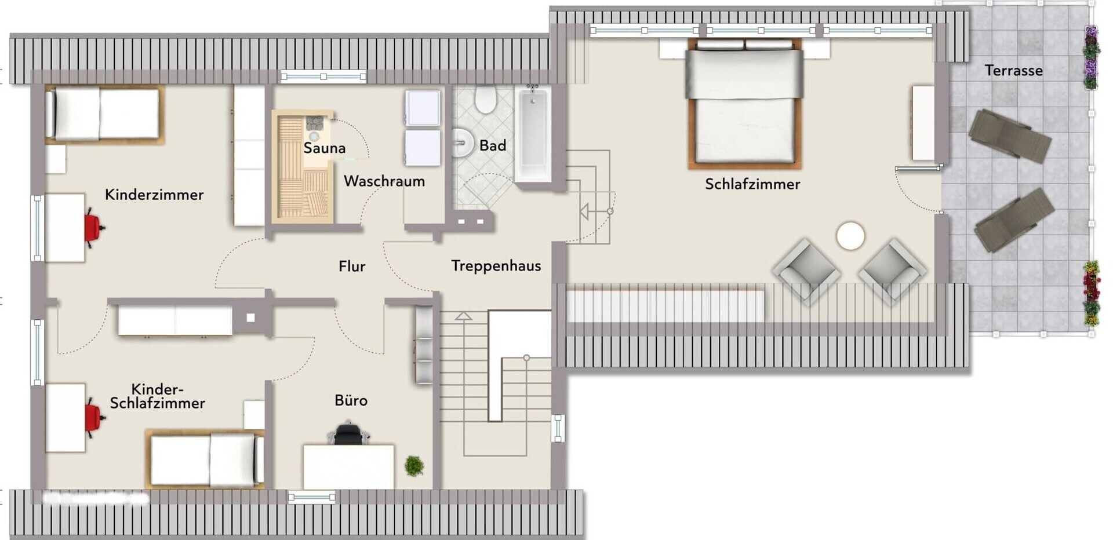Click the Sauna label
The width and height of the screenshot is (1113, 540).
[x=324, y=148]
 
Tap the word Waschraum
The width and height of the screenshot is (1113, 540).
[x=384, y=181]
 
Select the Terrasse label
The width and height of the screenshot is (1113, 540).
[x=1013, y=71]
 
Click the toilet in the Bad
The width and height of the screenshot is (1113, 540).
[x=485, y=100]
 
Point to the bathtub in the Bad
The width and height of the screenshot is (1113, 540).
[x=533, y=134]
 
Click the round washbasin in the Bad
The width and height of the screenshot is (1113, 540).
[x=462, y=141]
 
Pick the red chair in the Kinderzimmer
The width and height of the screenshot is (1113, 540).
[x=93, y=228]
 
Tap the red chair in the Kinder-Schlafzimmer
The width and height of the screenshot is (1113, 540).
[x=93, y=418]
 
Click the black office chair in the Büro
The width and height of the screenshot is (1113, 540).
[x=348, y=434]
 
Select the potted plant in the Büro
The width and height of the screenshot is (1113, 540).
[x=414, y=465]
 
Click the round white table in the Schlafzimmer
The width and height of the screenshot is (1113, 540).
[x=850, y=236]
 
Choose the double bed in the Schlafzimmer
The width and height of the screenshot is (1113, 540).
[x=744, y=104]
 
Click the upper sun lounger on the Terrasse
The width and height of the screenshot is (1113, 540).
[x=1009, y=135]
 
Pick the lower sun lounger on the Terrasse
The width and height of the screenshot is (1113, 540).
[x=1014, y=220]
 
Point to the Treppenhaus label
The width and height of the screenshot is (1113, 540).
[x=496, y=266]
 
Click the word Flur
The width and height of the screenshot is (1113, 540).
[x=352, y=267]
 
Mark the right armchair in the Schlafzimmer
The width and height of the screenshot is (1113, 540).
[x=892, y=270]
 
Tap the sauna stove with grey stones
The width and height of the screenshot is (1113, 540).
[x=315, y=123]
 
